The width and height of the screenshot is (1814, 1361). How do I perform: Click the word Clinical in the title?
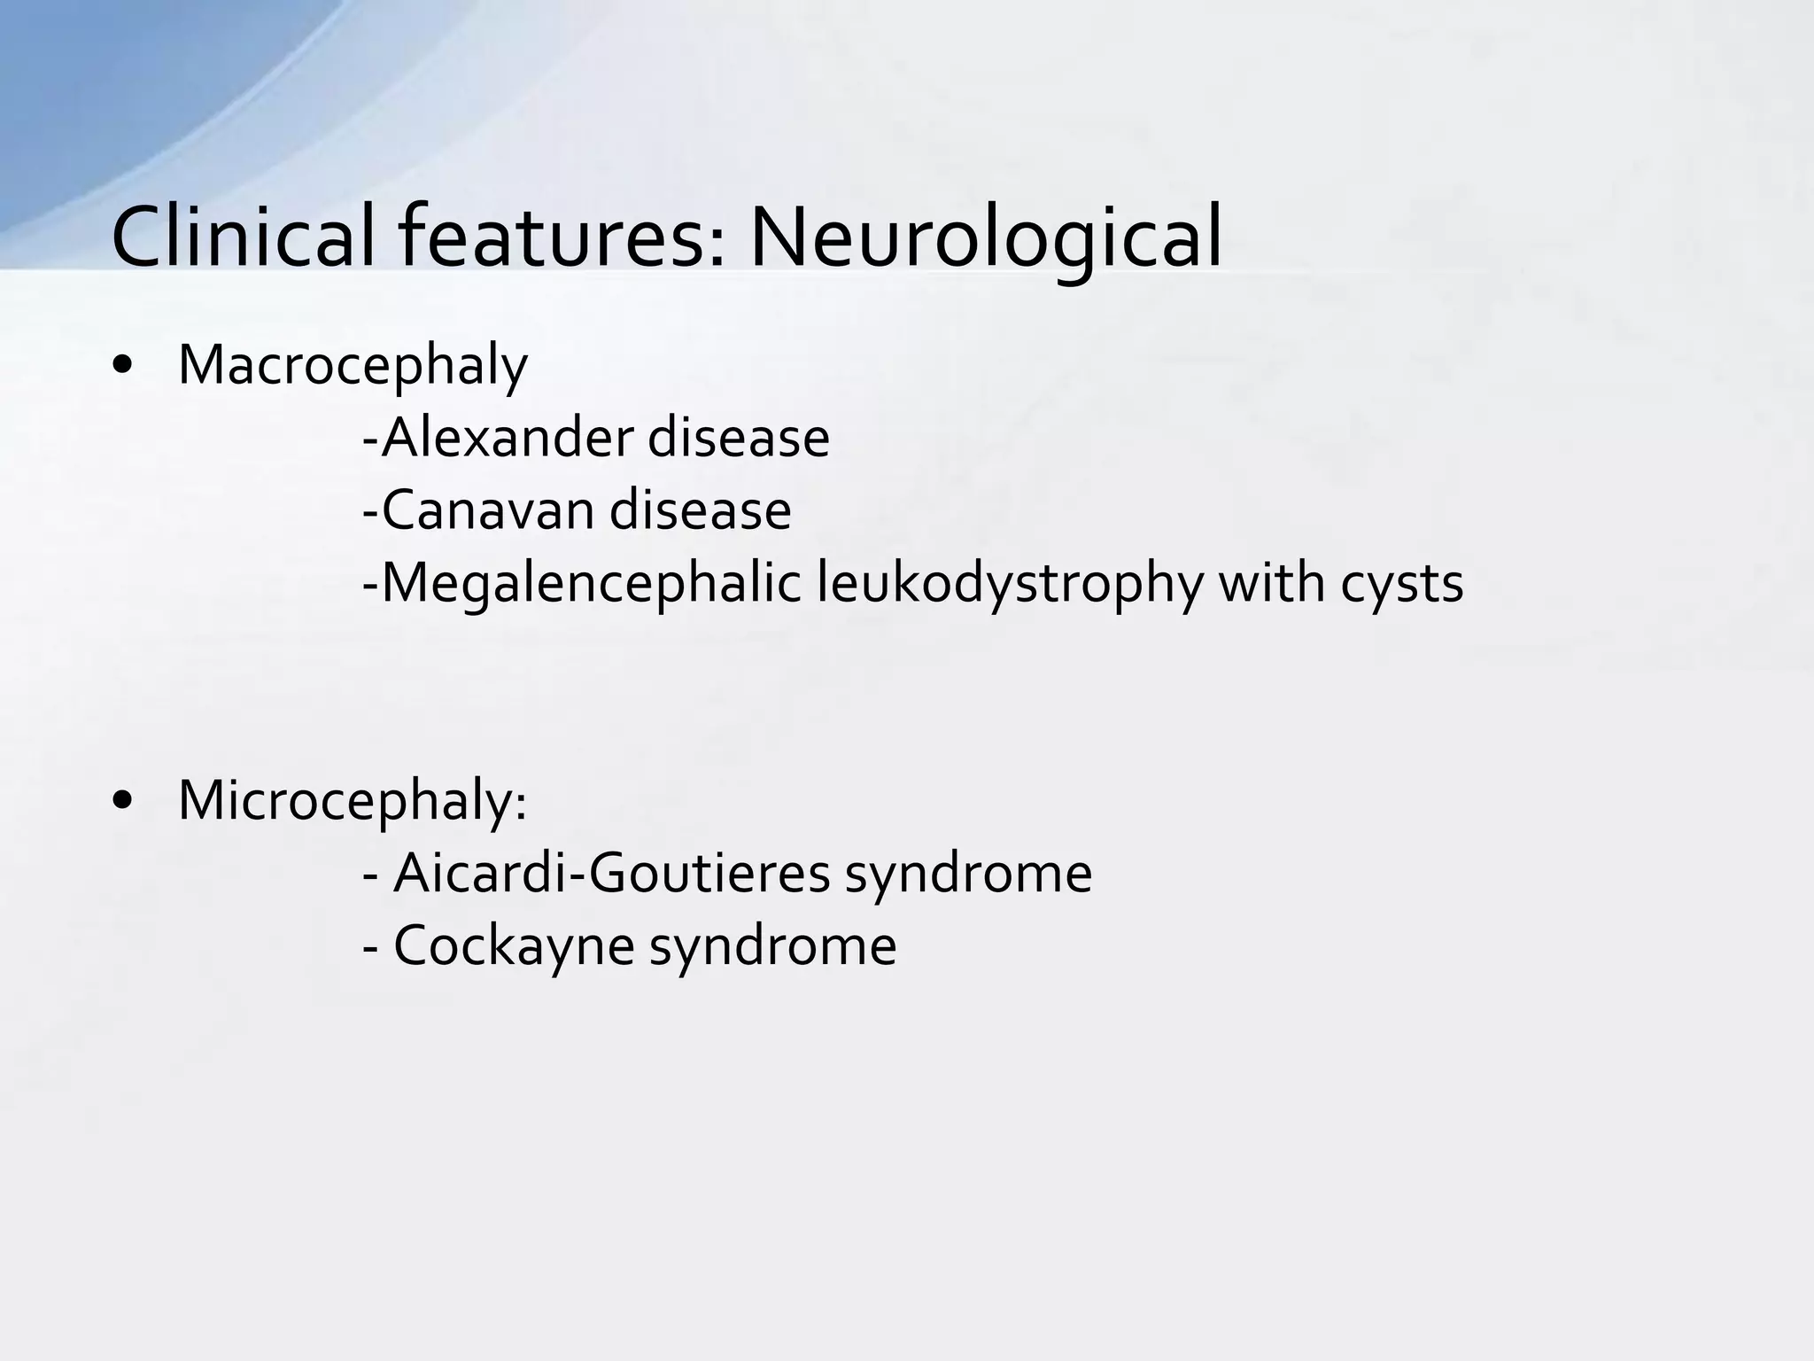click(x=244, y=237)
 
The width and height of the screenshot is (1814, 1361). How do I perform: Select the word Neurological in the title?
click(x=985, y=237)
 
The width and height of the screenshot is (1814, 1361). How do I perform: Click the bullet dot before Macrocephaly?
click(x=123, y=366)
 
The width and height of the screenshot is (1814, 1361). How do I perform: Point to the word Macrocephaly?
click(x=353, y=366)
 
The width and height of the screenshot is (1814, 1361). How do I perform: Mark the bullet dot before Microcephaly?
click(x=123, y=801)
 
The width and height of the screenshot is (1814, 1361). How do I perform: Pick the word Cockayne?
click(x=513, y=945)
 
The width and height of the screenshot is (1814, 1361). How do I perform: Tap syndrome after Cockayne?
click(x=772, y=945)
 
